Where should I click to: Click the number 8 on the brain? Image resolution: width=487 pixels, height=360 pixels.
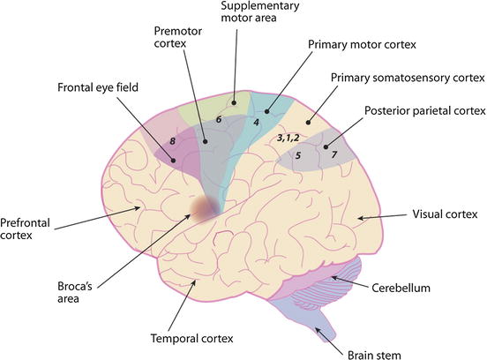point(174,139)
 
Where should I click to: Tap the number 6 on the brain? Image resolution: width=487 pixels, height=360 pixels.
point(219,118)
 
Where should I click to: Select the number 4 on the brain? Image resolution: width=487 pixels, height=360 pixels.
point(256,122)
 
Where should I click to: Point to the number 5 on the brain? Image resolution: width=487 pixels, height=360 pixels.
point(297,155)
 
